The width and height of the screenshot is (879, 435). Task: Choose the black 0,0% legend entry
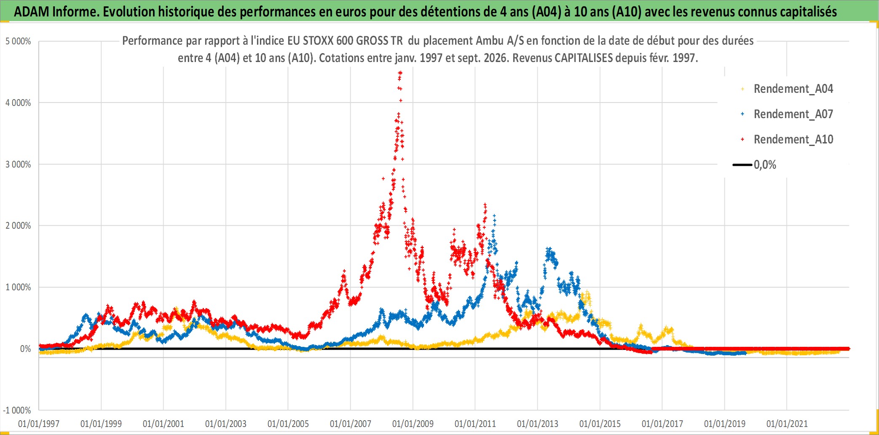[x=754, y=165]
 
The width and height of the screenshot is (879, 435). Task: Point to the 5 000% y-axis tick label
[x=18, y=41]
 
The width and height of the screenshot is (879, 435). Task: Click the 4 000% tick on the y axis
[x=18, y=103]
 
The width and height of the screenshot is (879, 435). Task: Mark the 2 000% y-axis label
[x=18, y=226]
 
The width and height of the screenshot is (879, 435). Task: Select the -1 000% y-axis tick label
[x=17, y=410]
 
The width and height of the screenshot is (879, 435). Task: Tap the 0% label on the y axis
[x=25, y=349]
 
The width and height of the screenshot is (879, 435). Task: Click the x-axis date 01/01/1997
[x=39, y=424]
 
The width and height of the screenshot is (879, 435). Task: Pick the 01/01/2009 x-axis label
[x=413, y=424]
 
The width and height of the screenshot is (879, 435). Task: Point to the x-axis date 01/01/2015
[x=600, y=424]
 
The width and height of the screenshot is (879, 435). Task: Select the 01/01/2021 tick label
[x=787, y=424]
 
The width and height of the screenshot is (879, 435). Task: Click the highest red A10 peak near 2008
[x=400, y=73]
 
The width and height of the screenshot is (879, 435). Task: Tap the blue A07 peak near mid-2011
[x=494, y=216]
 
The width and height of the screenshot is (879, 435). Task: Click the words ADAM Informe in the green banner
[x=56, y=11]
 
